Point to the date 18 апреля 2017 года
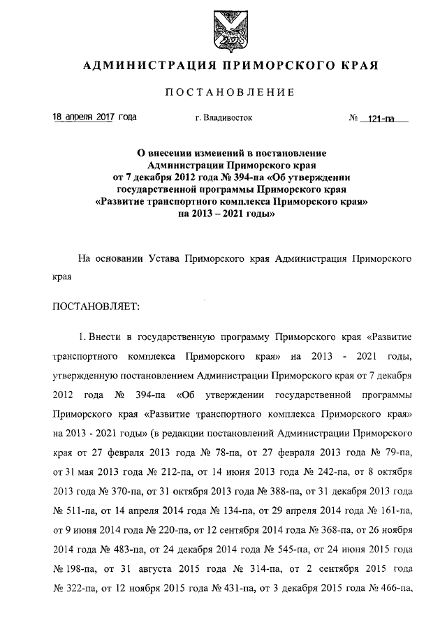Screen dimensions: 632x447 (x=95, y=117)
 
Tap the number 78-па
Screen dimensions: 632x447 (x=223, y=453)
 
